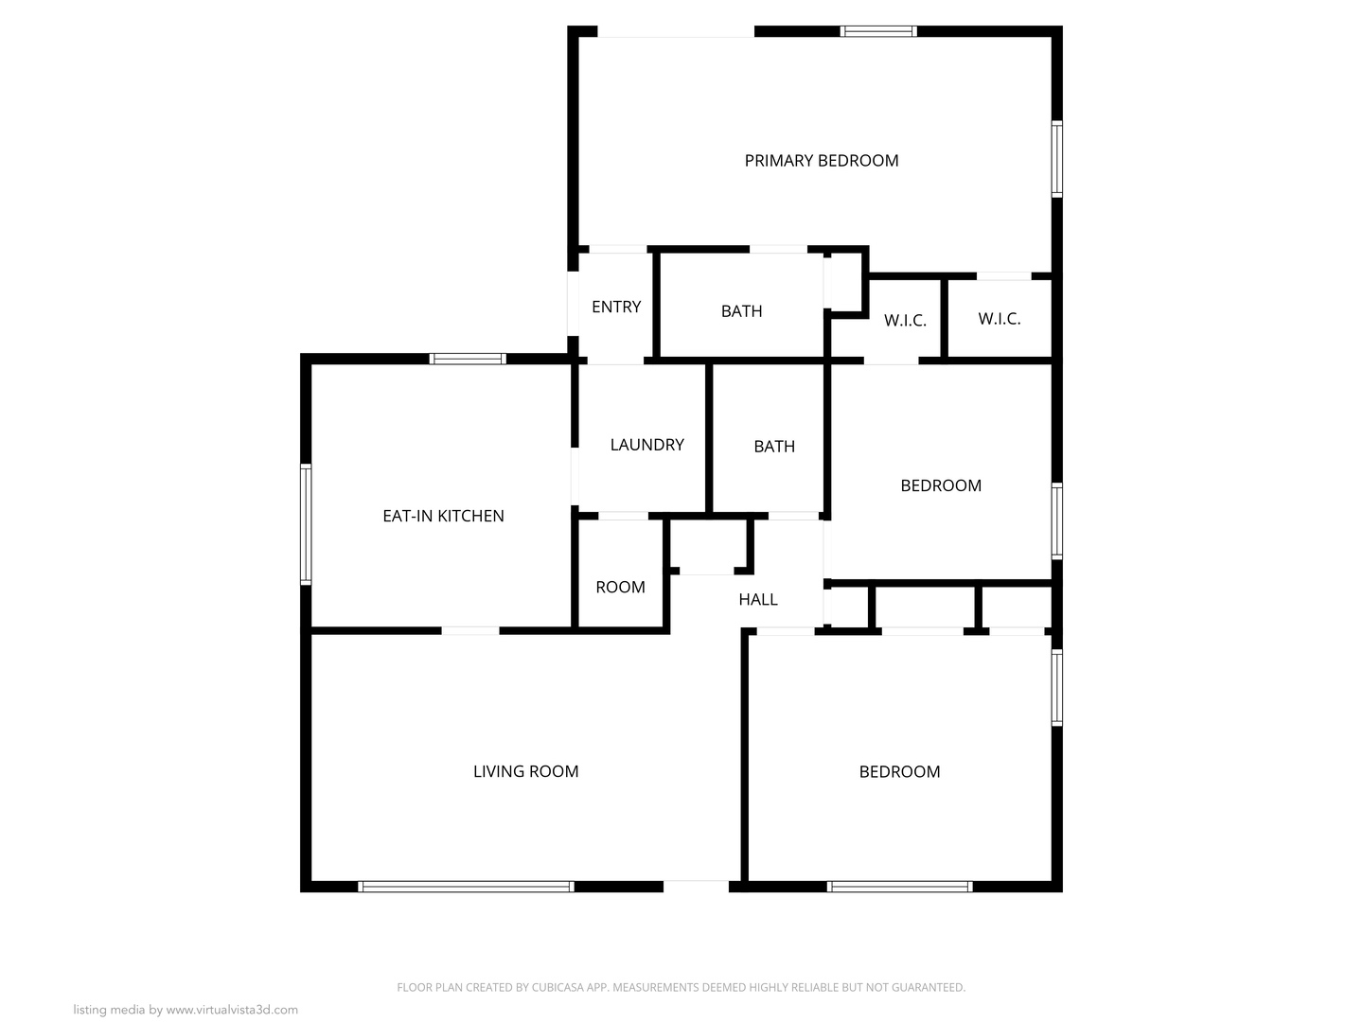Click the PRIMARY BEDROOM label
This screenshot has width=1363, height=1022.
(821, 161)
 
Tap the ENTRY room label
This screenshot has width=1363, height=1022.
(616, 307)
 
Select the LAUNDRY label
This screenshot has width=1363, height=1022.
(646, 445)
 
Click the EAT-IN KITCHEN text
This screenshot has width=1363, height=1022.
(443, 516)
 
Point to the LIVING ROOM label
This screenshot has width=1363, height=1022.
(525, 771)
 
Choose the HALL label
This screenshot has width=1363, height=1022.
(757, 599)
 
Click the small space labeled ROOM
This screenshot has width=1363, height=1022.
(620, 587)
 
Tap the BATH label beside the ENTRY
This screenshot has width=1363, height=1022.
(741, 311)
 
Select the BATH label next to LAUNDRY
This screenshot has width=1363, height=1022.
(773, 447)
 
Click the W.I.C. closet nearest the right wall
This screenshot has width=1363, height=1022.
(999, 319)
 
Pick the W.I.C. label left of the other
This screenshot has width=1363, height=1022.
(904, 321)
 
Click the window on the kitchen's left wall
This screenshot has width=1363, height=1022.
(306, 523)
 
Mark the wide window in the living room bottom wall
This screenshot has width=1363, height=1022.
(466, 887)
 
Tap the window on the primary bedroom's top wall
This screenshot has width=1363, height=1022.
(879, 31)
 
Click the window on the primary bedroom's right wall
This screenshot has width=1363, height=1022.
(1057, 158)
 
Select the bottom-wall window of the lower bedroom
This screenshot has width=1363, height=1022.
(899, 887)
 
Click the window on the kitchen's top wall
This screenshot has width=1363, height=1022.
(468, 359)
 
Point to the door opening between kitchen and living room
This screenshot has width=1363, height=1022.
(470, 630)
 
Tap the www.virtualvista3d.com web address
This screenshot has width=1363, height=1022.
(232, 1010)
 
